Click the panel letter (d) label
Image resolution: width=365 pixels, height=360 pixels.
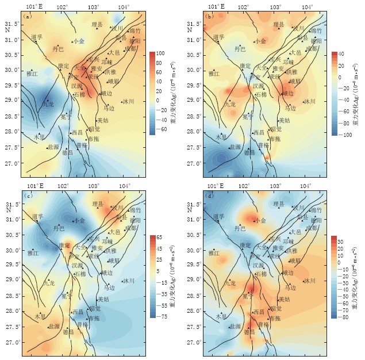(x=209, y=197)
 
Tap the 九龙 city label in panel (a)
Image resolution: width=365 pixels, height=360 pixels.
(x=48, y=105)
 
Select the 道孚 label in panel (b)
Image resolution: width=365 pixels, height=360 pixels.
(x=218, y=37)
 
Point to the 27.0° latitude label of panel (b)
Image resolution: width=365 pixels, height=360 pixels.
(x=194, y=163)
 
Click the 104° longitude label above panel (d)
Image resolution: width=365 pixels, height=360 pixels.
(x=305, y=186)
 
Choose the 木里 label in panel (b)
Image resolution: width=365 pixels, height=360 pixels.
(x=221, y=137)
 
